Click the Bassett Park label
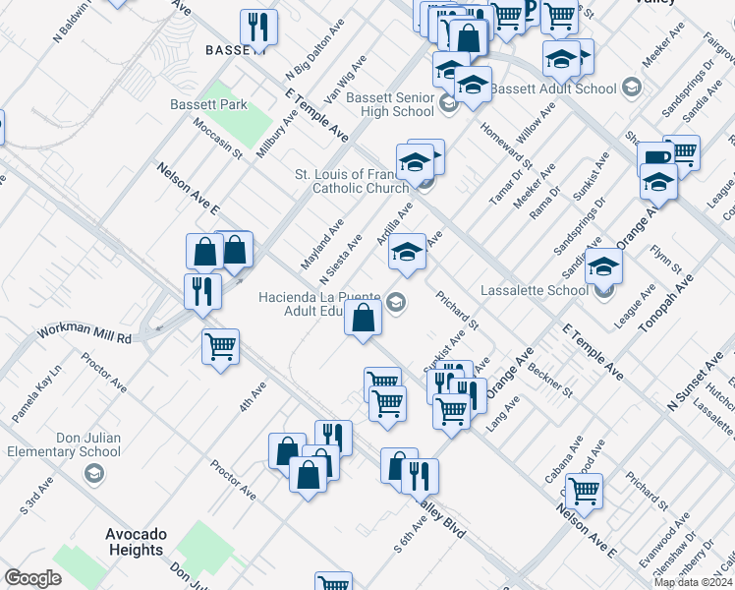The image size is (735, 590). coord(208,104)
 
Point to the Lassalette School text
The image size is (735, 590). coord(535,290)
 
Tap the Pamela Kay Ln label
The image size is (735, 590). coord(36,394)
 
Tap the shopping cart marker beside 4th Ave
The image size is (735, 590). coord(220,345)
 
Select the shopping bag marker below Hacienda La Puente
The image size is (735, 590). coord(363,318)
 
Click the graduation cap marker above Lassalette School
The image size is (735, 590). coord(603,265)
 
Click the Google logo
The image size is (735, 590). coord(32,578)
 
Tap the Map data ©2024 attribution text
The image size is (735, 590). coord(693,582)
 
